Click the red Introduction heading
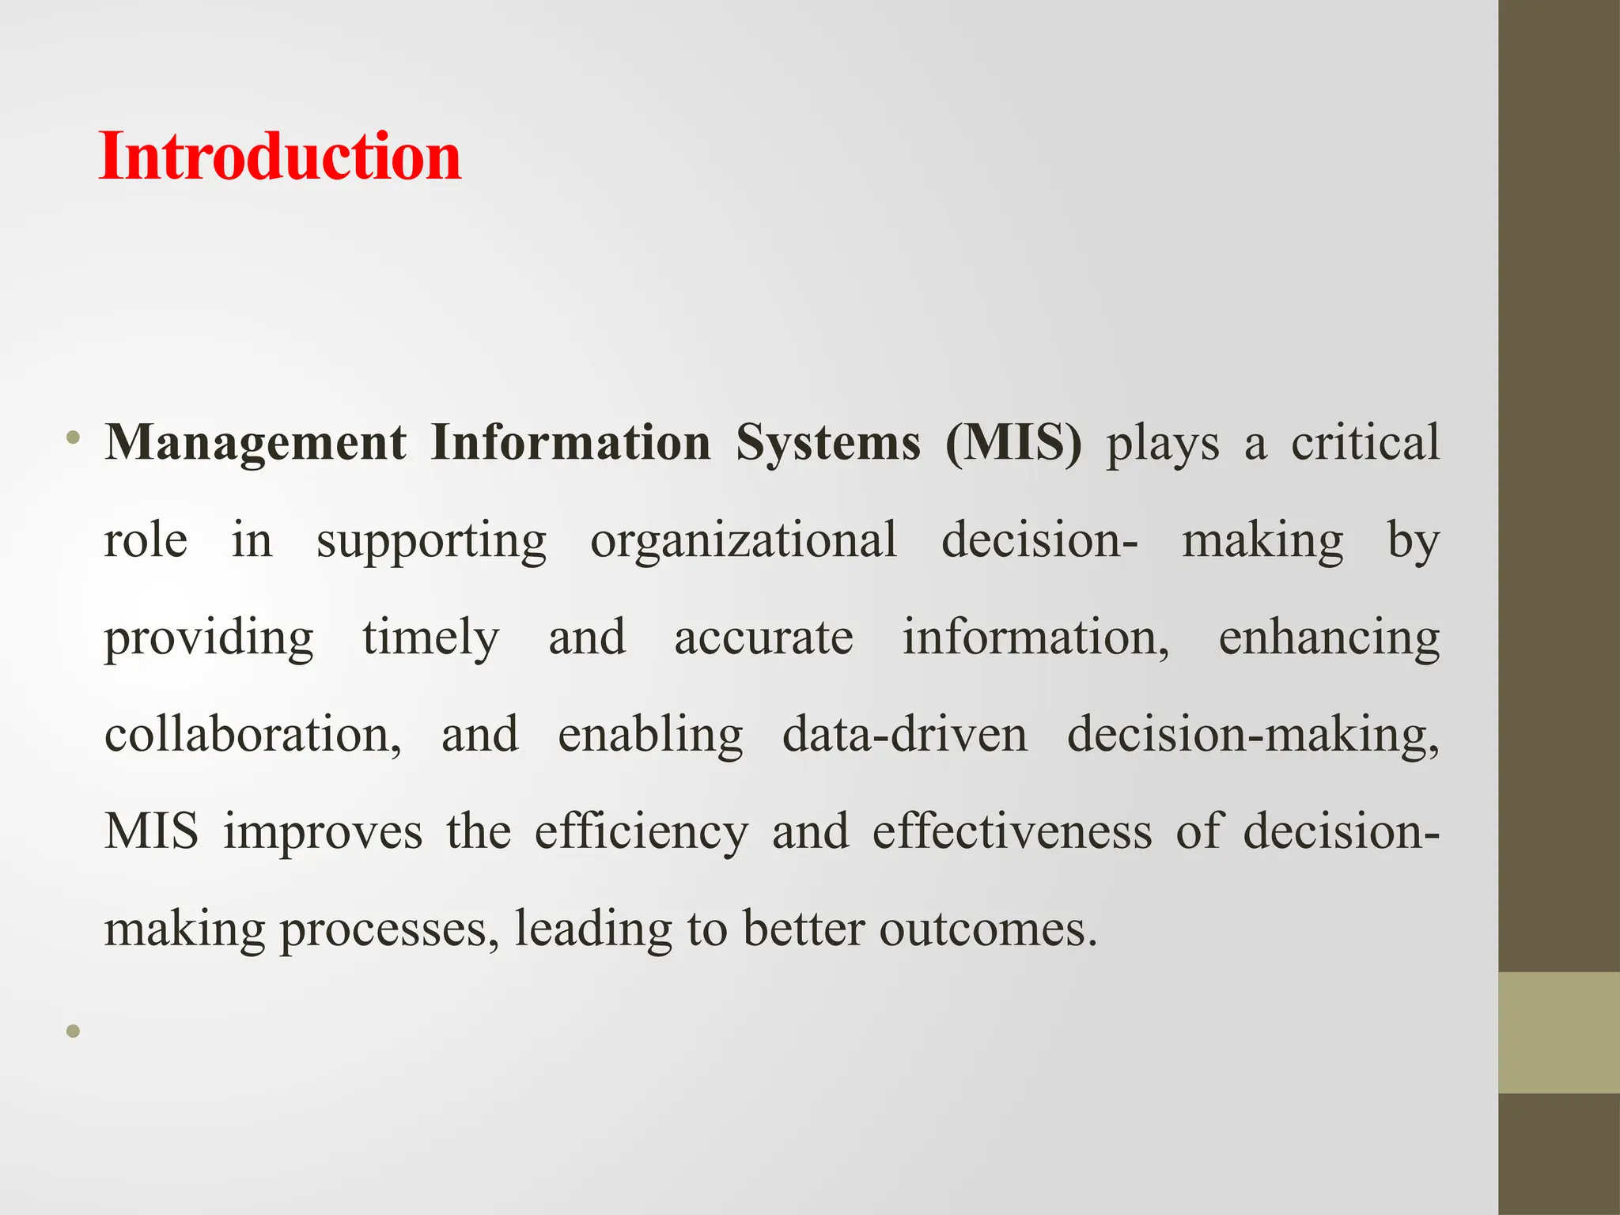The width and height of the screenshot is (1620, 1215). pos(280,157)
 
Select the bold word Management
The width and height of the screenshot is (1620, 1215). pos(255,443)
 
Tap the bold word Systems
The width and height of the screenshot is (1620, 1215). pos(828,443)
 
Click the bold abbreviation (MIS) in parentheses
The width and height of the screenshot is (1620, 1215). pos(1013,443)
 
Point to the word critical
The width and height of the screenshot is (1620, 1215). pos(1365,443)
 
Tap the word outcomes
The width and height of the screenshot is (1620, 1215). pos(988,930)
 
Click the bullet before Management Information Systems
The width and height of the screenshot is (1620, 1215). pos(74,437)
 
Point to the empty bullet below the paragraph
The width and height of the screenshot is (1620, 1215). pos(74,1031)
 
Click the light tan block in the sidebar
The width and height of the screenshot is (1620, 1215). pos(1559,1032)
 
